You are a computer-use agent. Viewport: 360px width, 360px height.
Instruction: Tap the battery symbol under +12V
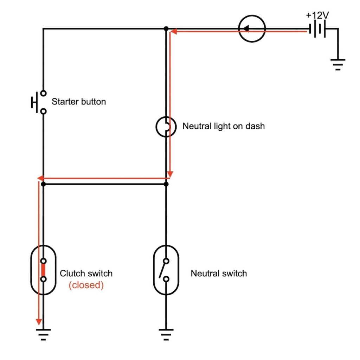(317, 30)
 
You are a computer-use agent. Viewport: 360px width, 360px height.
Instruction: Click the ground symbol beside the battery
(338, 64)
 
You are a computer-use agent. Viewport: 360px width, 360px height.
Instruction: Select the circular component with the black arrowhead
(252, 29)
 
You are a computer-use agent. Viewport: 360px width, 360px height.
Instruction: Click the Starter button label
(78, 102)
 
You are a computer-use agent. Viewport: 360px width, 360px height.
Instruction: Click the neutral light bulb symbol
(166, 127)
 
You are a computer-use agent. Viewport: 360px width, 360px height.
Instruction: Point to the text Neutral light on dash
(223, 126)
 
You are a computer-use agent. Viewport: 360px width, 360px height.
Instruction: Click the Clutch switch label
(86, 273)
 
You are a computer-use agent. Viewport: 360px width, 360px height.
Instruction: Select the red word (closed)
(86, 285)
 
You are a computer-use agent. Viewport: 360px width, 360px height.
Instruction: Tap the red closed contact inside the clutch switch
(43, 270)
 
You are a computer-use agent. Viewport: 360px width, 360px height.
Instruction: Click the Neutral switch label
(219, 273)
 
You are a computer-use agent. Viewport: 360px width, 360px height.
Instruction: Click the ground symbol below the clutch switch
(43, 334)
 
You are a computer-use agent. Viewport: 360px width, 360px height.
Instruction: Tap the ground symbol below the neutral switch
(166, 334)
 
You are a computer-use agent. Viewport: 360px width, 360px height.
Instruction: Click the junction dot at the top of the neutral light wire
(166, 29)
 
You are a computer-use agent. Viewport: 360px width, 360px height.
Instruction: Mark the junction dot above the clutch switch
(43, 184)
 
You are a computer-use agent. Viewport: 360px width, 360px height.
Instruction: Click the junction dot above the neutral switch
(166, 184)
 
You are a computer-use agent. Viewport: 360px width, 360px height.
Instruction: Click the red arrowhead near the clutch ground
(39, 322)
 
